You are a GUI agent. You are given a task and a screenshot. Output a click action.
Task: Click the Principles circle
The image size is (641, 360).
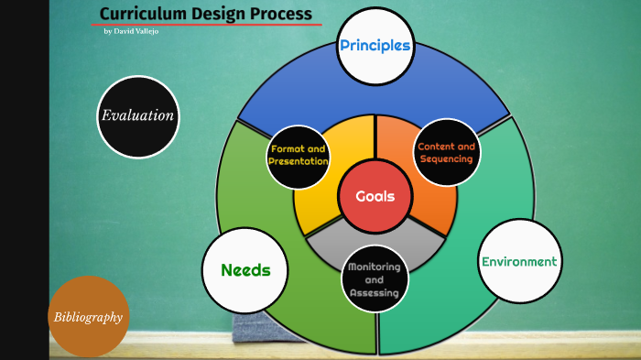375,46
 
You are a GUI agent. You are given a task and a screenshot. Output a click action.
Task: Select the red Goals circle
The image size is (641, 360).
375,196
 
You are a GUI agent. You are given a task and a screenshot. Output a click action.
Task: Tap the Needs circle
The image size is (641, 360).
244,270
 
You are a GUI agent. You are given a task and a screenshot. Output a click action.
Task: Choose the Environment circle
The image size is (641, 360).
519,261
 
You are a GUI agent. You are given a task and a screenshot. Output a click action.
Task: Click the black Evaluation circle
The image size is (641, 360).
137,115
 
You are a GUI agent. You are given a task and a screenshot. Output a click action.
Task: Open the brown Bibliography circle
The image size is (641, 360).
88,317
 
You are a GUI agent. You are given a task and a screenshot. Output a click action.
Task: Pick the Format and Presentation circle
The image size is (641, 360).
298,154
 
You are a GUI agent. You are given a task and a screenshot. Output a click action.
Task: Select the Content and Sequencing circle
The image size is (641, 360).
446,152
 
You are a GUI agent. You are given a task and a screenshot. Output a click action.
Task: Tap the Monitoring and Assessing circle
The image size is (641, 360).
374,279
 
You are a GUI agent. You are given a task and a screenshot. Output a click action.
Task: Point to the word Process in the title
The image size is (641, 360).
278,14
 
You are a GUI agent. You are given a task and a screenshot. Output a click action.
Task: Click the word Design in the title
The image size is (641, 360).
215,14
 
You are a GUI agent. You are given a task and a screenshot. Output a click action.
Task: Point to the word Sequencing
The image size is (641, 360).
446,158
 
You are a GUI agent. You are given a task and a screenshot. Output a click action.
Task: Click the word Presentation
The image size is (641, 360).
298,161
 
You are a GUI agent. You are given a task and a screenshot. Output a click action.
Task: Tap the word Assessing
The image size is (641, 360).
374,293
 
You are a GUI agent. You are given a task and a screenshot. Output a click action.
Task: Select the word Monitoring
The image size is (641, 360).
374,267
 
